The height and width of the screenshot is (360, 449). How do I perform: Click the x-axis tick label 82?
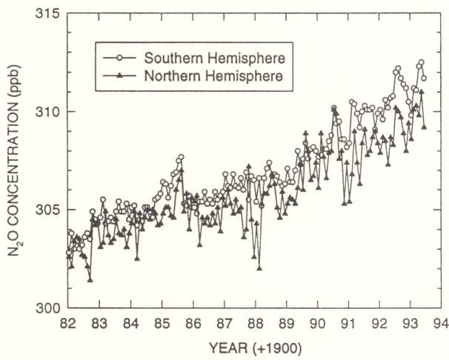[67, 324]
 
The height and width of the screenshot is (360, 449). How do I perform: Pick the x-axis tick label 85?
[162, 324]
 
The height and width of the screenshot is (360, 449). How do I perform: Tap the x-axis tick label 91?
[348, 324]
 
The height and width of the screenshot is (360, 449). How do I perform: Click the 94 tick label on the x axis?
[441, 324]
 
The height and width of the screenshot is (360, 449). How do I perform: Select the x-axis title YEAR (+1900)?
[256, 349]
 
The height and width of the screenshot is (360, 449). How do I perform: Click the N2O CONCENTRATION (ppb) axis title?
[13, 160]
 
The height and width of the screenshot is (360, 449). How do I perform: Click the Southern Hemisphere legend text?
[215, 58]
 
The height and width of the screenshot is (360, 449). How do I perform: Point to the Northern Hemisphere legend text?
[213, 76]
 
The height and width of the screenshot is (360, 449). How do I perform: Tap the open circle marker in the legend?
[120, 58]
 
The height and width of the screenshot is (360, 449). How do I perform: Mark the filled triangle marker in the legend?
[120, 76]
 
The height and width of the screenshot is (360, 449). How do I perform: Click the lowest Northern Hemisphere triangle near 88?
[259, 268]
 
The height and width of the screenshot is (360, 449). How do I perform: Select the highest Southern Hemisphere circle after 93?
[422, 62]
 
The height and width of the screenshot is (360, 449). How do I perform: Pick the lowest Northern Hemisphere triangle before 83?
[90, 279]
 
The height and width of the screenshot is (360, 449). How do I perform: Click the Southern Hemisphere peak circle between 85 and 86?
[181, 157]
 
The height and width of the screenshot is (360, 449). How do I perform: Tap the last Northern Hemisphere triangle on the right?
[424, 127]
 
